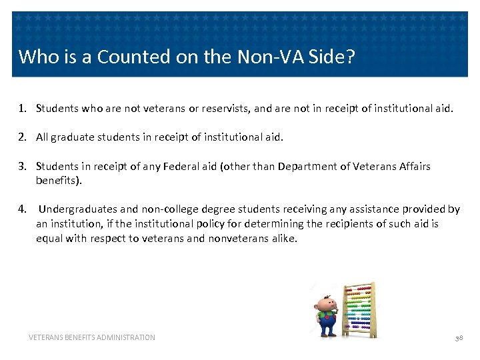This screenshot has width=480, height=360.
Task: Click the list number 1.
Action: click(22, 108)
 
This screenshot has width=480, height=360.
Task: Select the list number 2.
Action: click(22, 137)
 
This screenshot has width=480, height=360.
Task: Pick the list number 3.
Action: click(22, 166)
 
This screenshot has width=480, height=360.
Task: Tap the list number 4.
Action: click(22, 209)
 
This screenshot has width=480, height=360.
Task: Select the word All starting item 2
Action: click(43, 137)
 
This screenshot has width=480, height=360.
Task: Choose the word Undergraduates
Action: click(79, 209)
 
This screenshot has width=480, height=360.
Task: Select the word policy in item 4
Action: click(215, 224)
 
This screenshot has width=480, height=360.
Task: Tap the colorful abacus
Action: click(359, 309)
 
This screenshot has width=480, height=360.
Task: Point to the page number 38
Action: click(459, 338)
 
